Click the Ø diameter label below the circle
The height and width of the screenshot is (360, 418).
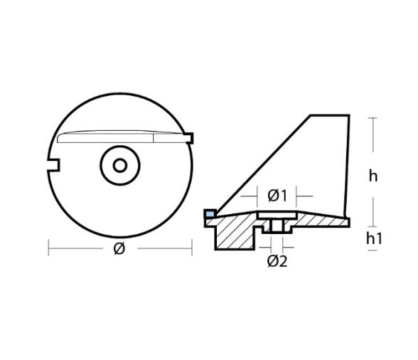click(119, 248)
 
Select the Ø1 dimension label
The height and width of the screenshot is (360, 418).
click(277, 194)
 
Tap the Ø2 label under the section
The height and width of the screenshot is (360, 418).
click(277, 260)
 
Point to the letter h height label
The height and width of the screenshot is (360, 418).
click(373, 175)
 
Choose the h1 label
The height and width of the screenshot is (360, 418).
click(375, 238)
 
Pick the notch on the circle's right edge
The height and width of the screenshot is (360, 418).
click(189, 134)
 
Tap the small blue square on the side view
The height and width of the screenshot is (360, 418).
click(209, 213)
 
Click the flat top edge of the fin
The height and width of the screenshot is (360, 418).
click(329, 115)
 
